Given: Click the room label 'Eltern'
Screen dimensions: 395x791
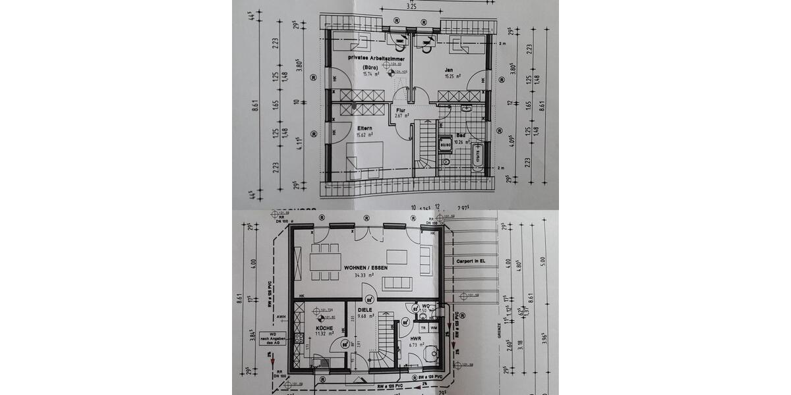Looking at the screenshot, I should click(x=365, y=128).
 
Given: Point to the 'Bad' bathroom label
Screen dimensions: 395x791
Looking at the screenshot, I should click(x=461, y=134).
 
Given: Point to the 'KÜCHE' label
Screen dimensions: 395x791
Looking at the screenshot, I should click(x=324, y=327).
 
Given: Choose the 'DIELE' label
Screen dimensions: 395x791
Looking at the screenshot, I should click(x=365, y=309).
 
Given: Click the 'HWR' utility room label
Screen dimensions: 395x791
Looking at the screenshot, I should click(x=416, y=338).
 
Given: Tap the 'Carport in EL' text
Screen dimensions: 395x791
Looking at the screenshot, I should click(x=469, y=261).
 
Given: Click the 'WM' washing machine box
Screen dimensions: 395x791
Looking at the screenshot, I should click(x=434, y=327).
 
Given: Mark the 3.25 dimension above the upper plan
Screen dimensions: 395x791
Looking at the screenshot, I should click(x=411, y=7).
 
